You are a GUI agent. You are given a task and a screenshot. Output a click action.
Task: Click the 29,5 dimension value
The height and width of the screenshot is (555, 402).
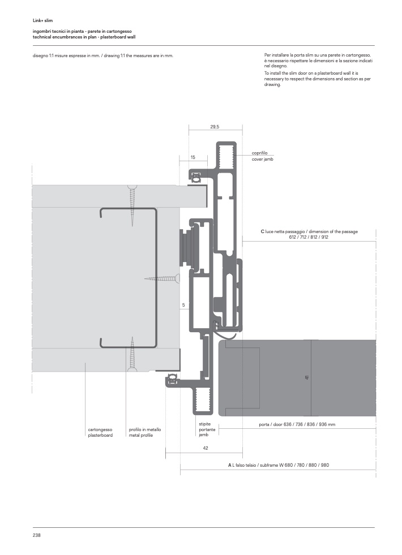[x=215, y=127]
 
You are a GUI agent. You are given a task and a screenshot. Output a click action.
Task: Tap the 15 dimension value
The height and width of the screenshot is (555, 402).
[x=193, y=157]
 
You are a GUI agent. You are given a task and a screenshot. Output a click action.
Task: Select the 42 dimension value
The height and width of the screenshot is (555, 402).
[x=206, y=448]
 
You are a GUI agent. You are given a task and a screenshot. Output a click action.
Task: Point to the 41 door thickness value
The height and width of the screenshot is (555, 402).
[x=307, y=378]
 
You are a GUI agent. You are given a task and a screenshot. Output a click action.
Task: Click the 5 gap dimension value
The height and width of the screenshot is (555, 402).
[x=183, y=305]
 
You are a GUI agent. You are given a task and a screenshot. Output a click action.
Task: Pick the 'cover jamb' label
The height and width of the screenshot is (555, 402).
[x=263, y=160]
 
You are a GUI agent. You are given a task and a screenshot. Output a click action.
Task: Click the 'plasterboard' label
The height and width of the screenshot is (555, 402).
[x=100, y=436]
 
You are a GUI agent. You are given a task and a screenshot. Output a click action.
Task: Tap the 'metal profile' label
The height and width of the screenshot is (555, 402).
[x=141, y=436]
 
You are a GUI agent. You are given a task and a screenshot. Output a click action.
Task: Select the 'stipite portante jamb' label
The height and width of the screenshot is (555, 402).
[x=207, y=429]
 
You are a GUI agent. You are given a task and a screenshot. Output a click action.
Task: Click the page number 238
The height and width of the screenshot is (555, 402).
[x=36, y=535]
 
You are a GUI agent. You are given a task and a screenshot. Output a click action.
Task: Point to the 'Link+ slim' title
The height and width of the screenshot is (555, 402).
[x=42, y=20]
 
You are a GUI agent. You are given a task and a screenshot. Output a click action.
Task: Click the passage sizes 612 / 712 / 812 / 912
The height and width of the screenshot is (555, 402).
[x=309, y=237]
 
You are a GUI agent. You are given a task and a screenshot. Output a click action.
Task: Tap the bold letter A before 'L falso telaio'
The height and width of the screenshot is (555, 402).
[x=229, y=465]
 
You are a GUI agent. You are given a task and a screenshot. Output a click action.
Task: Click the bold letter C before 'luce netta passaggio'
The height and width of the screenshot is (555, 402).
[x=263, y=231]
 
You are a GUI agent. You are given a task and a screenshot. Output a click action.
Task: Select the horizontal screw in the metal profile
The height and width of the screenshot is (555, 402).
[x=162, y=278]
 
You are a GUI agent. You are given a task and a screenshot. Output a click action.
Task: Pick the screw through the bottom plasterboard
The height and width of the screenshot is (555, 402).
[x=132, y=354]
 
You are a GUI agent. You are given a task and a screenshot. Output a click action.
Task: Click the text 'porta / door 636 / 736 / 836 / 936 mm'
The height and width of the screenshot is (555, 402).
[x=297, y=424]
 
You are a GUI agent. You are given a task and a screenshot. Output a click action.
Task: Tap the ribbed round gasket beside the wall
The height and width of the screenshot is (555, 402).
[x=187, y=249]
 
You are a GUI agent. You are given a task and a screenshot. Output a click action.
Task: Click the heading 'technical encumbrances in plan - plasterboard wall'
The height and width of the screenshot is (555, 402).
[x=84, y=37]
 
